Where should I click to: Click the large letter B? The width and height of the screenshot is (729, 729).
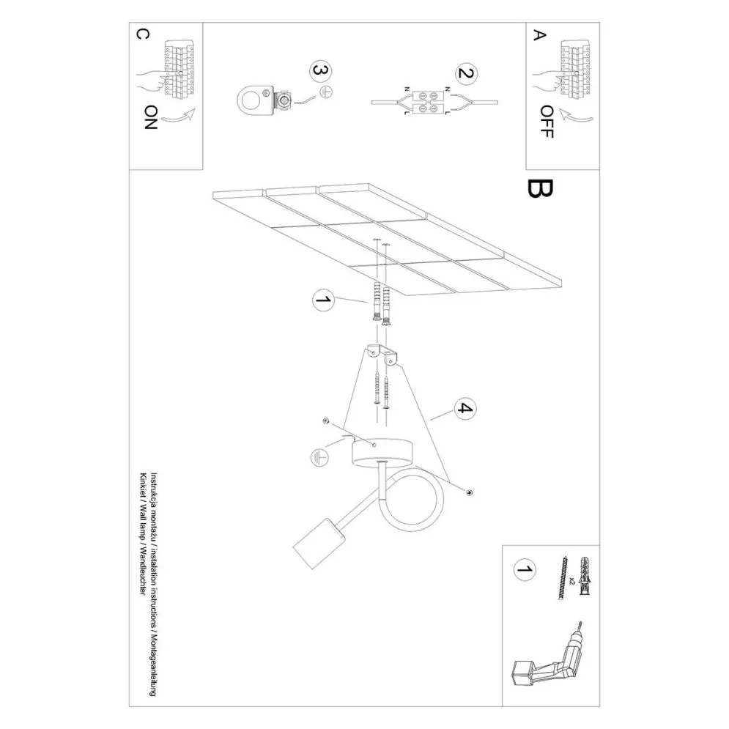coord(540,188)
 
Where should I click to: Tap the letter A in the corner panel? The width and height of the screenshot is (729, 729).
coord(539,35)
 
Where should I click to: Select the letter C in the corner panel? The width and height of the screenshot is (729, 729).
coord(143,34)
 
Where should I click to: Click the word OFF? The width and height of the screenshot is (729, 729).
coord(547,122)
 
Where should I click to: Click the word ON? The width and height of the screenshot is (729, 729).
coord(151,117)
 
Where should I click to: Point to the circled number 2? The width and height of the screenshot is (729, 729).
coord(465,73)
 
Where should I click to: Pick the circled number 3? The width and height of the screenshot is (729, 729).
coord(321,71)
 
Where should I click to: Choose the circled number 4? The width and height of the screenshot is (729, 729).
coord(465,409)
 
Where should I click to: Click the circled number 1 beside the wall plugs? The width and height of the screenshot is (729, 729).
coord(324,299)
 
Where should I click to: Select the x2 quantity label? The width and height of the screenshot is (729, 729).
coord(572,581)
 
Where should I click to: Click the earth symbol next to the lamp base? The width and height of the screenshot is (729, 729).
coord(319,458)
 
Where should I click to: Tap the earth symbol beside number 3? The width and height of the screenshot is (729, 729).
coord(327,92)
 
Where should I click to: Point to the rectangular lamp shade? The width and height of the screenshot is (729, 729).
coord(320,544)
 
